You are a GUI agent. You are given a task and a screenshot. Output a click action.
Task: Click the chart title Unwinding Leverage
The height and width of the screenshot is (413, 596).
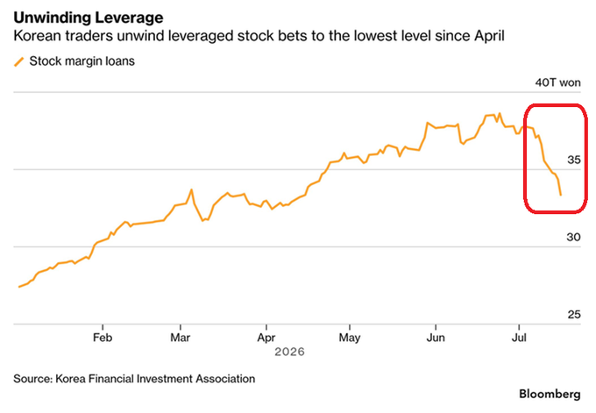tap(89, 18)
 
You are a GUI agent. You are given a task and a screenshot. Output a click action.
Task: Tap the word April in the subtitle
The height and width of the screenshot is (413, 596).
tap(489, 37)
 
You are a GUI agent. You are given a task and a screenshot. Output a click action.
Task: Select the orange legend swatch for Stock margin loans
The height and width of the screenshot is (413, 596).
tap(19, 61)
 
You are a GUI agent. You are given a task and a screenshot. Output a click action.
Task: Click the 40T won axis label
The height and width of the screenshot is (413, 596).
tap(557, 82)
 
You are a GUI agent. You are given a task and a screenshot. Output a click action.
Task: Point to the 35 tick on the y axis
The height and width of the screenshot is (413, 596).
tap(574, 160)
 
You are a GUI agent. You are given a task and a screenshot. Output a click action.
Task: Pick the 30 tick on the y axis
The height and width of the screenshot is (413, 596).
tap(573, 237)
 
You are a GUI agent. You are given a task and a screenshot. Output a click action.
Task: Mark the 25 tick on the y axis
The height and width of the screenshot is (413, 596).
tap(574, 315)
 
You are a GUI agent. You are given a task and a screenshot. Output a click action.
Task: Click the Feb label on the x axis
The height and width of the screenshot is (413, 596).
tap(103, 338)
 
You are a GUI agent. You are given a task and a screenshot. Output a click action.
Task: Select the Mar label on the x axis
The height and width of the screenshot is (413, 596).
tap(181, 338)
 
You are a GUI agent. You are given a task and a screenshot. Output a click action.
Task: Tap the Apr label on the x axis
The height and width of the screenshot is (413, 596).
tap(266, 338)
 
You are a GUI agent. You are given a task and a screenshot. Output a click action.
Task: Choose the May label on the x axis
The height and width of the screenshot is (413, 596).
tap(350, 338)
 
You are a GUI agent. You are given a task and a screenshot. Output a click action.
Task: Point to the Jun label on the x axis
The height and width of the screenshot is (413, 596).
tap(436, 338)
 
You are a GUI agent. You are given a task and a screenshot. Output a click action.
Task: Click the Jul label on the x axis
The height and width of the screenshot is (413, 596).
tap(519, 338)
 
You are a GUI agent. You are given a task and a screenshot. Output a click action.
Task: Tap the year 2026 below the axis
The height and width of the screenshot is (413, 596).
tap(289, 352)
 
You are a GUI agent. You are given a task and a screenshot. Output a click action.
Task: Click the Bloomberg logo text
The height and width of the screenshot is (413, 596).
tap(550, 395)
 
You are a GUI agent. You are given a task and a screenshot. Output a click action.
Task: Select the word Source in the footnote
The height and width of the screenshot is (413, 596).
tap(32, 379)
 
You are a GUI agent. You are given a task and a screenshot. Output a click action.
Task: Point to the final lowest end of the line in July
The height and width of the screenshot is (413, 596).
tap(561, 195)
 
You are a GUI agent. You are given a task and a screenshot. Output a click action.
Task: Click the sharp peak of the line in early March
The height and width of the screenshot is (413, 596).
tap(192, 189)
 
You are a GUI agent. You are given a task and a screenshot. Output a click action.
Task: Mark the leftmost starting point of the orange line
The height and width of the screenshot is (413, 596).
tap(19, 287)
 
